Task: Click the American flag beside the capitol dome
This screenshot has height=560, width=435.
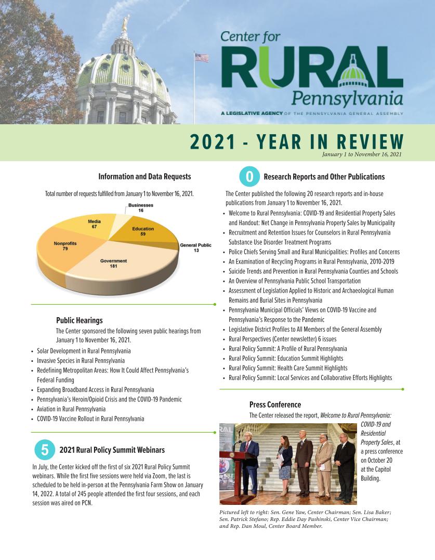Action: click(x=201, y=58)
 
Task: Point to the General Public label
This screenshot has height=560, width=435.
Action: click(x=196, y=248)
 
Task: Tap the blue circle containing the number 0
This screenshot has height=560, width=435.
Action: click(x=249, y=177)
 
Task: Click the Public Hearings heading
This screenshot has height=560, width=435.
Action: click(x=79, y=320)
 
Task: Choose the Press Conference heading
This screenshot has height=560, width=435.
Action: click(x=275, y=405)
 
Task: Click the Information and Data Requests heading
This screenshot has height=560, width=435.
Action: click(x=144, y=177)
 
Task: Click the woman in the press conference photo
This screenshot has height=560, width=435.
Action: click(x=285, y=465)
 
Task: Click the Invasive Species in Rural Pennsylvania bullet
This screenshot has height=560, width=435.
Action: click(x=81, y=360)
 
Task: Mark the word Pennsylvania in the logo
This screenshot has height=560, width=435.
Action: click(x=347, y=97)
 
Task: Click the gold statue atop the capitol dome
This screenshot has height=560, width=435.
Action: click(x=125, y=23)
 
